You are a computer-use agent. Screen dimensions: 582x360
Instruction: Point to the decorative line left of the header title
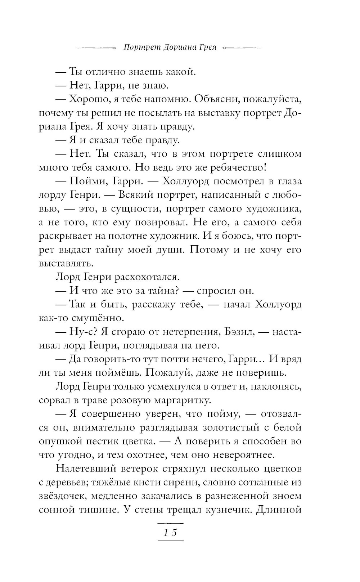tap(96, 48)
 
